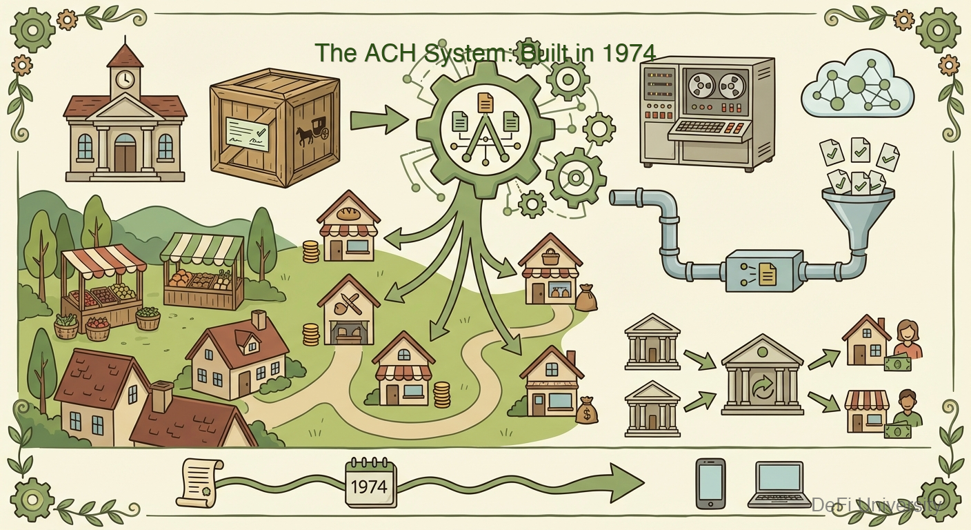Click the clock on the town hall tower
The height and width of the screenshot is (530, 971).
(125, 79)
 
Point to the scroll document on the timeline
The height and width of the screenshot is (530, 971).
(199, 481)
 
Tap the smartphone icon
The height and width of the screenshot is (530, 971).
(710, 482)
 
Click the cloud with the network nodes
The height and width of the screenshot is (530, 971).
(857, 88)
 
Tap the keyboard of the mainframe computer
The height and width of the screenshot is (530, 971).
(710, 128)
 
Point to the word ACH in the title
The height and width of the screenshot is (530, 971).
(373, 52)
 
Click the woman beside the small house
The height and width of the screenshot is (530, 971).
(908, 338)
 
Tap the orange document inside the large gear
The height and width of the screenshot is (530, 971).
(485, 103)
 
